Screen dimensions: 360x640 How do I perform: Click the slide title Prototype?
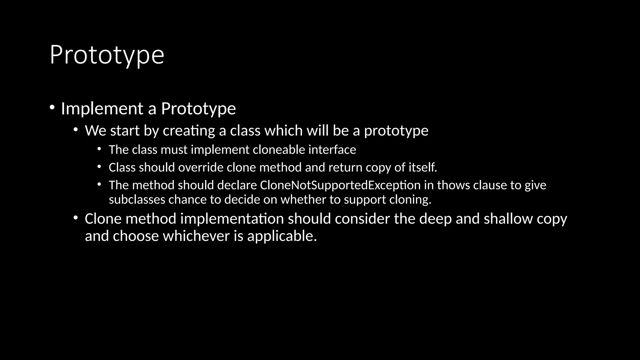(x=107, y=55)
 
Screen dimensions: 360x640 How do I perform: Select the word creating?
(x=189, y=131)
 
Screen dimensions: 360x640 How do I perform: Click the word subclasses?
(x=137, y=199)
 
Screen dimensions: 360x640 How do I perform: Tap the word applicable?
(x=282, y=236)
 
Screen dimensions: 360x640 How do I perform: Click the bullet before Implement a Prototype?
(x=52, y=108)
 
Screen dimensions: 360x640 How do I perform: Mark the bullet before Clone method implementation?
(x=76, y=218)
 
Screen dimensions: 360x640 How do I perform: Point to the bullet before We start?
(x=76, y=130)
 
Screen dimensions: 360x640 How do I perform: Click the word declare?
(x=237, y=185)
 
